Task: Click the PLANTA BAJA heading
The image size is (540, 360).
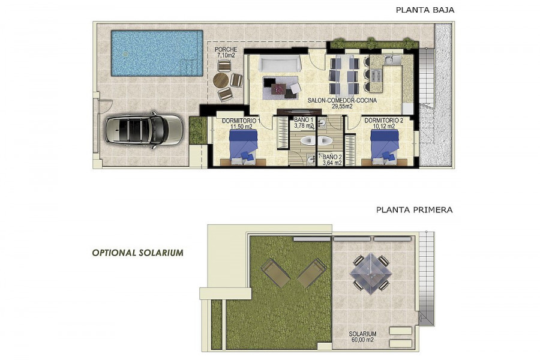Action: (425, 10)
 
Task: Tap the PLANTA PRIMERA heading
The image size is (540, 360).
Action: (414, 210)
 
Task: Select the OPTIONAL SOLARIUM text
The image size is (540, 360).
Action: (138, 253)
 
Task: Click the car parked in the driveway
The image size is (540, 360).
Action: (144, 130)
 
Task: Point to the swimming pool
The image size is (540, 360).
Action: (157, 53)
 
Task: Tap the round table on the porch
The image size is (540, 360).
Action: (221, 80)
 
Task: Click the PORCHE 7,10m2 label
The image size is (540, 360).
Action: (226, 52)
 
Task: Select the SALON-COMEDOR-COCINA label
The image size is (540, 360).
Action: (342, 101)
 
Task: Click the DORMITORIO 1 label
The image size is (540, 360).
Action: (241, 121)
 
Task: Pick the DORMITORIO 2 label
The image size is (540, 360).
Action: (383, 121)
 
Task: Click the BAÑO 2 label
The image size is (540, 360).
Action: (332, 157)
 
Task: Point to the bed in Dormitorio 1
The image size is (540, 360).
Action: (244, 147)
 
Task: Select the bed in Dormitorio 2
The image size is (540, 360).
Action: (385, 147)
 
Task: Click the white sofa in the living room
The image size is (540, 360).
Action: (280, 64)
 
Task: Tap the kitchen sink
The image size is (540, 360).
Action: (392, 60)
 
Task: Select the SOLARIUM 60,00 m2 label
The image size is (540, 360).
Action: (362, 337)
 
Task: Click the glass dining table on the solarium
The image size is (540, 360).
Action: (371, 273)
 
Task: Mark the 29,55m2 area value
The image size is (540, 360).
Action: (342, 106)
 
